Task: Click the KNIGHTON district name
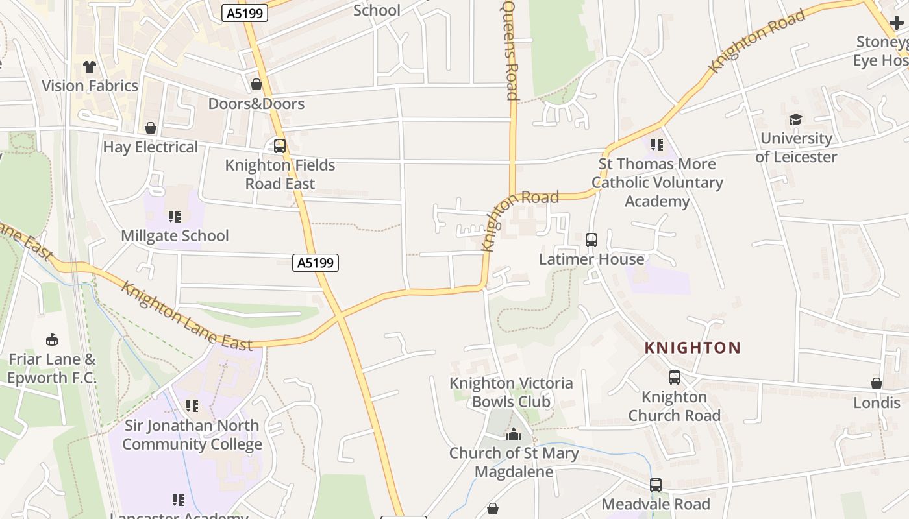pos(692,348)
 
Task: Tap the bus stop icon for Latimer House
pos(591,240)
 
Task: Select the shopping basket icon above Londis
pos(877,383)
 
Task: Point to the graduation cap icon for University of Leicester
pos(795,119)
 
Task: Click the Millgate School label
pos(175,235)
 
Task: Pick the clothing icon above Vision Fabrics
pos(90,67)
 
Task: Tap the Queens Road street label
pos(511,51)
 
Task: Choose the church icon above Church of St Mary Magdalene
pos(514,434)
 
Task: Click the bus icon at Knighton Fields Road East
pos(280,146)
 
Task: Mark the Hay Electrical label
pos(151,147)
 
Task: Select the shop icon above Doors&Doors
pos(256,85)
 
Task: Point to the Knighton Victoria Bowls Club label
pos(511,392)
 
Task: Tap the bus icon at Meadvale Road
pos(656,485)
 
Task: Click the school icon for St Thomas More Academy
pos(657,145)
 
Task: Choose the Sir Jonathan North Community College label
pos(192,435)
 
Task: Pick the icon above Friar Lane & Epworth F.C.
pos(52,339)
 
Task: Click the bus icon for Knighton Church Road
pos(675,378)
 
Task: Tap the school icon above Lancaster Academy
pos(178,500)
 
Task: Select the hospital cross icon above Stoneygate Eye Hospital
pos(896,23)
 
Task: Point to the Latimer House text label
pos(591,259)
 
